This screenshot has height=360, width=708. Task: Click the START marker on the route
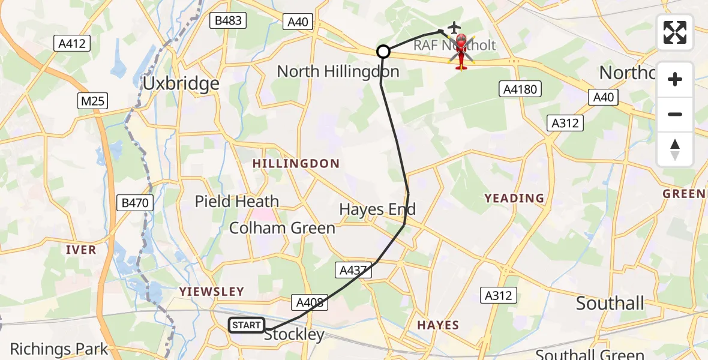click(247, 325)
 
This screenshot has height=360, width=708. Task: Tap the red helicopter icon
click(461, 51)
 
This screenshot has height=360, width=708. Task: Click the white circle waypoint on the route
click(383, 52)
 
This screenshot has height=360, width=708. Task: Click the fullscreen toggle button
click(675, 32)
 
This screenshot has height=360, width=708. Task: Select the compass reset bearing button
click(675, 149)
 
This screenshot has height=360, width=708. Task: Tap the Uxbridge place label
click(181, 83)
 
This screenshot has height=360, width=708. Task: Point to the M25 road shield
click(93, 101)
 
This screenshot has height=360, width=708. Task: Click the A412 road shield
click(72, 43)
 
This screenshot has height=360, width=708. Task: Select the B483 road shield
click(228, 20)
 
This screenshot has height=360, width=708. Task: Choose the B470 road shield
click(134, 203)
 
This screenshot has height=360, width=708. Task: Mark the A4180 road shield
click(520, 89)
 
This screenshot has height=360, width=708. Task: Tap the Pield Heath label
click(237, 202)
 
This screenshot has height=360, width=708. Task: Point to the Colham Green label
click(282, 228)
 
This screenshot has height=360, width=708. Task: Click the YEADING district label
click(514, 198)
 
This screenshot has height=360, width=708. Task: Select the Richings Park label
click(59, 349)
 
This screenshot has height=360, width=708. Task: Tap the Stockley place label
click(294, 335)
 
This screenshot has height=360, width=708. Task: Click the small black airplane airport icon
click(454, 27)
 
